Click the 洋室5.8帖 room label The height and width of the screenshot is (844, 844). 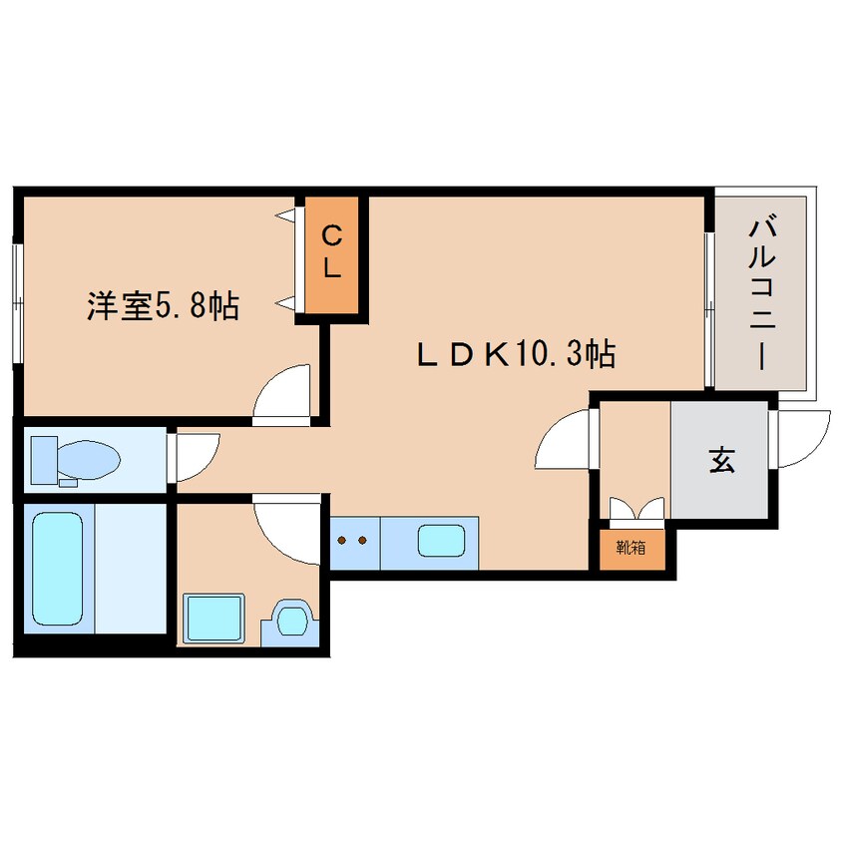[x=163, y=306]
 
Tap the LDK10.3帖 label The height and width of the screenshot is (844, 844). [x=515, y=353]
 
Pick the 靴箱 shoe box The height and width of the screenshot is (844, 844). [x=629, y=547]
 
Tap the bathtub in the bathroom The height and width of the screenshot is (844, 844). [x=60, y=566]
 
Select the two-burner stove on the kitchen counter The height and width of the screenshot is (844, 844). [x=353, y=541]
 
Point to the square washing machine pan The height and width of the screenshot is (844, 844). [x=214, y=619]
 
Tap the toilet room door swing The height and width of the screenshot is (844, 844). [x=195, y=454]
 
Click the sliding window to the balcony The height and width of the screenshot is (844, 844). [x=708, y=309]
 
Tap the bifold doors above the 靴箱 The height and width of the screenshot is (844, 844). [x=634, y=511]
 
